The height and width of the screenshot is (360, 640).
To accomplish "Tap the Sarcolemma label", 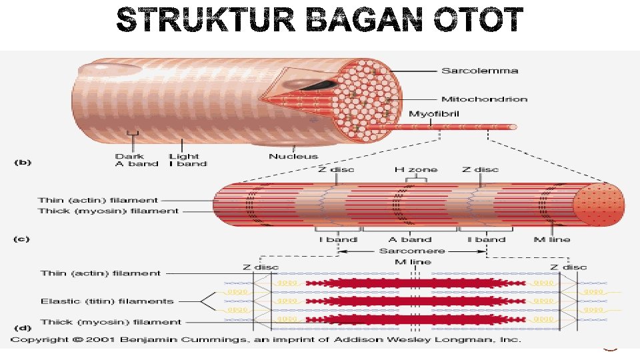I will point(469,71).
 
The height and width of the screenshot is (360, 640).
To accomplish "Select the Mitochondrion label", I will point(484,99).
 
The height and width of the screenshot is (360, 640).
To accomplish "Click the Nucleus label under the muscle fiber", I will point(294,157).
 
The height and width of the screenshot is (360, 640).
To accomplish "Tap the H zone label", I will point(417,169).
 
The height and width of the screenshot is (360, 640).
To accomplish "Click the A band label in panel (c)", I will point(410,239).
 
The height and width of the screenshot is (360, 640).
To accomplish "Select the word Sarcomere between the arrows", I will point(411,251).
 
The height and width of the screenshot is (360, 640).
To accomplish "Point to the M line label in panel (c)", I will point(552,239).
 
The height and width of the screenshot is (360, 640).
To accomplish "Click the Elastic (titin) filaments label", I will point(107,301).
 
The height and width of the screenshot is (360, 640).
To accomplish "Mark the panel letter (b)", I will point(23,162).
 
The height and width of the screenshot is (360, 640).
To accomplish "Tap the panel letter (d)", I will point(23,328).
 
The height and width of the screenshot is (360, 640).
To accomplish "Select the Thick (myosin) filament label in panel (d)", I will point(110,322).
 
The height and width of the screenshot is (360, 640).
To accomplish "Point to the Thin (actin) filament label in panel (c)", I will point(98,200).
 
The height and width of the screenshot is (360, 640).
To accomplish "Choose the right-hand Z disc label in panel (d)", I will point(568,267).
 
